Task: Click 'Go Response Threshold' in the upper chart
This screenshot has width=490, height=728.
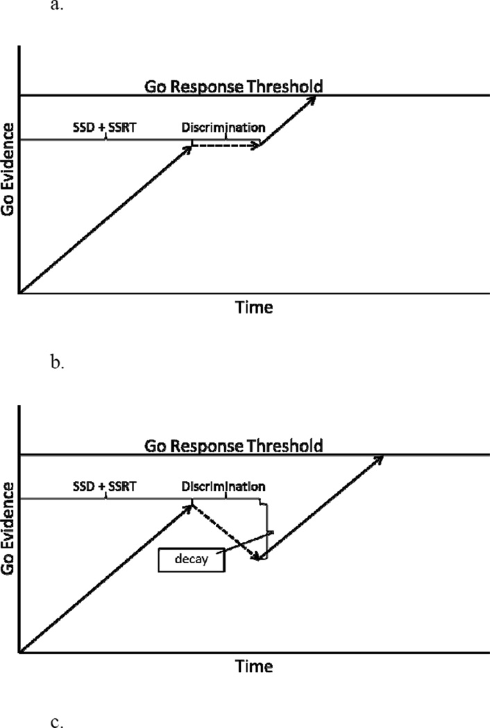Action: [234, 86]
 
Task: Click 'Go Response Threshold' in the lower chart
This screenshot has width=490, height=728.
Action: [234, 445]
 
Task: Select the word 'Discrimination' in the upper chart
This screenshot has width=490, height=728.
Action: [223, 128]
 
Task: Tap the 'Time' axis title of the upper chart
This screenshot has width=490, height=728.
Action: [253, 306]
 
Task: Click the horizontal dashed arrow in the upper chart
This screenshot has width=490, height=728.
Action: [226, 146]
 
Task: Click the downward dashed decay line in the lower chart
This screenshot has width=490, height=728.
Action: [226, 532]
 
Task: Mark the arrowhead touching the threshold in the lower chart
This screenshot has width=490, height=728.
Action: [378, 458]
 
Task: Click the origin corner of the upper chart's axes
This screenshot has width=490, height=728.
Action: [20, 293]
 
